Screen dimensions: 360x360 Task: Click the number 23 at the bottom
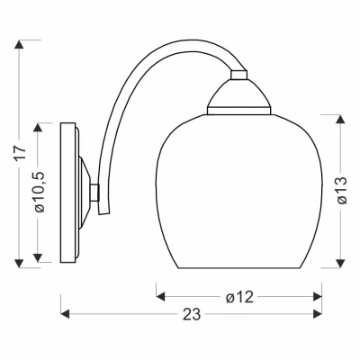pyautogui.click(x=191, y=316)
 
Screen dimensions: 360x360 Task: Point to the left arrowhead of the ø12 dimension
pyautogui.click(x=160, y=295)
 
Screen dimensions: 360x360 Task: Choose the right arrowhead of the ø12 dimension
pyautogui.click(x=319, y=295)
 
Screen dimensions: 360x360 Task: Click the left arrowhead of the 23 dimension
pyautogui.click(x=64, y=315)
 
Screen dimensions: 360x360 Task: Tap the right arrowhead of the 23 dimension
pyautogui.click(x=319, y=315)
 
